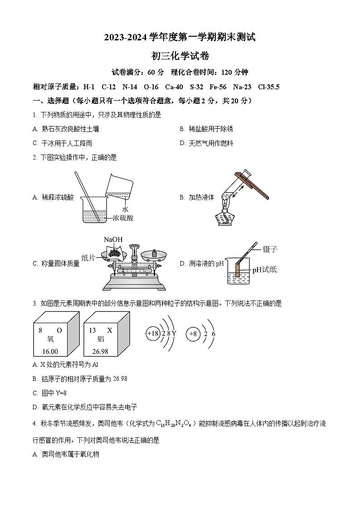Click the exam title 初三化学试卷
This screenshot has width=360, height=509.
point(180,56)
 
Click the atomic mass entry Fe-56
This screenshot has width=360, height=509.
point(219,87)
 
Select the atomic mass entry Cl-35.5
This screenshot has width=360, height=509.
point(268,87)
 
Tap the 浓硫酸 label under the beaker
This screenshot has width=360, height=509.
point(123,218)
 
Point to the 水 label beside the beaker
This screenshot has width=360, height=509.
point(126,209)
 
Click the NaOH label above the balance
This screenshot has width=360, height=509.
point(113,240)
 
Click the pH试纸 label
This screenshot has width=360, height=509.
point(264,270)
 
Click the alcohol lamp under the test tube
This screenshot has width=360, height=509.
point(225,217)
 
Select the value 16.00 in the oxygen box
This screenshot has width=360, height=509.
point(50,351)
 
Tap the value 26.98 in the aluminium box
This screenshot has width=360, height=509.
point(100,351)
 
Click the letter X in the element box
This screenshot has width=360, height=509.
point(109,330)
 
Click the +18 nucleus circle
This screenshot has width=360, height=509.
point(153,334)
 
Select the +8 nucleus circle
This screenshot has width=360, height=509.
point(193,334)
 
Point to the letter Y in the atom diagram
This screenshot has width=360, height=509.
point(174,334)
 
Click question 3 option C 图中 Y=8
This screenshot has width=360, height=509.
point(50,393)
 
